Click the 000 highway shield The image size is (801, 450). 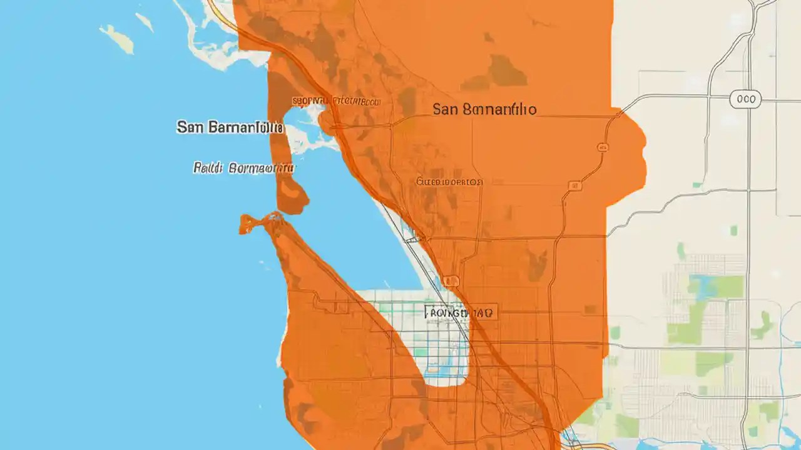click(745, 99)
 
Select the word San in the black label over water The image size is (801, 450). click(191, 127)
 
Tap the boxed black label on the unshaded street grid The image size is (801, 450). click(461, 311)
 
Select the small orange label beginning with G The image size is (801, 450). click(449, 182)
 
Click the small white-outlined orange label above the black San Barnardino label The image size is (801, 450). click(336, 100)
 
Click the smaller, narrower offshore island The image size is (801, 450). click(145, 22)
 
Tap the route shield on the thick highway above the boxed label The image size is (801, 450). click(451, 281)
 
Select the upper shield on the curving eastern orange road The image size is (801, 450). click(603, 147)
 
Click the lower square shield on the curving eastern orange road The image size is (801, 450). click(574, 186)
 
